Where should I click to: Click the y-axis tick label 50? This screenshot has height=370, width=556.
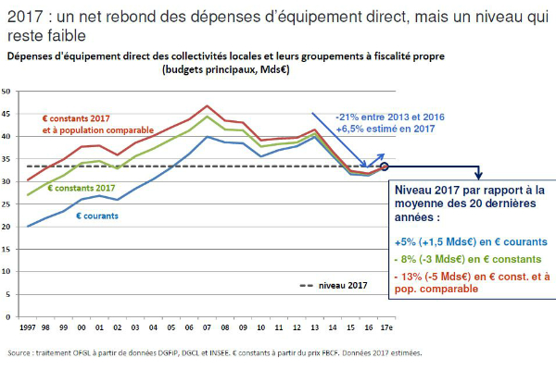[x=7, y=92]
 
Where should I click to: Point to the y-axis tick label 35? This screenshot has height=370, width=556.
[x=7, y=159]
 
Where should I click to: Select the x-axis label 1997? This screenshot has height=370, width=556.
[x=27, y=327]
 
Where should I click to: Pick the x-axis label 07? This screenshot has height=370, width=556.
[x=207, y=327]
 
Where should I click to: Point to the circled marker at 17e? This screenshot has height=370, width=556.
[x=384, y=166]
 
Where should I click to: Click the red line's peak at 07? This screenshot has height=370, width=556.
[x=207, y=105]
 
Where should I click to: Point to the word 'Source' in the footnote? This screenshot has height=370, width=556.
[x=19, y=352]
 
